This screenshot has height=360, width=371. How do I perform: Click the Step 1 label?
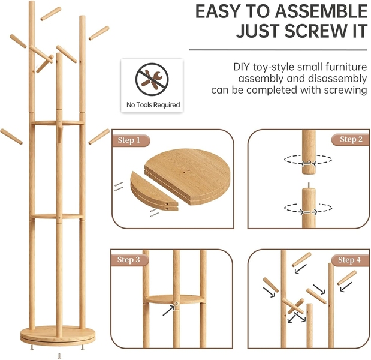click(x=129, y=140)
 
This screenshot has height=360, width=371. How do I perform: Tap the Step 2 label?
click(x=351, y=139)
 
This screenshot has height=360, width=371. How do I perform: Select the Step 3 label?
click(x=129, y=259)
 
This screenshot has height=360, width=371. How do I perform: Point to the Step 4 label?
click(x=349, y=260)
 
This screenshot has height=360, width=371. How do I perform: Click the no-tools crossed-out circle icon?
click(x=152, y=79)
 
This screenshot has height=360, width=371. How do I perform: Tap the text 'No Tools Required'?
click(x=153, y=104)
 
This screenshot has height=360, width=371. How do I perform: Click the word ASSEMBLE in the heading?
click(x=321, y=11)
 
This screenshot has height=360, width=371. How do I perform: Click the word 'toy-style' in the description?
click(x=273, y=67)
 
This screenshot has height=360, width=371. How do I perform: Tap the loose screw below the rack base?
click(x=59, y=356)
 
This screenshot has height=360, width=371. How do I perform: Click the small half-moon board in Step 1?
click(x=154, y=191)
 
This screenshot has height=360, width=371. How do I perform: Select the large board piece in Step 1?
click(x=187, y=176)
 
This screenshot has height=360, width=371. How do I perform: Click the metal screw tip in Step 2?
click(x=309, y=185)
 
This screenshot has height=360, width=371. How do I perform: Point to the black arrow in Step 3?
click(x=168, y=310)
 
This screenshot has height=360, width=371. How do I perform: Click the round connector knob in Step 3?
click(x=176, y=304)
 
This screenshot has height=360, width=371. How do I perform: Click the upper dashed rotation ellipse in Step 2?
click(x=308, y=160)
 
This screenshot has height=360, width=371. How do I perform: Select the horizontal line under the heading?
click(x=278, y=50)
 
